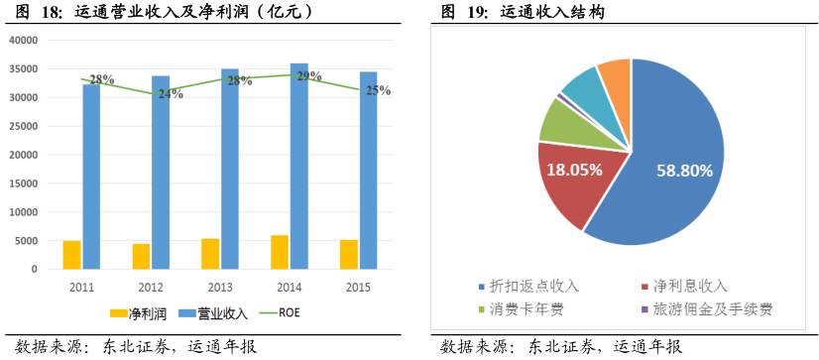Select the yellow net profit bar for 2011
coord(71,255)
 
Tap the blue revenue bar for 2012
coord(161,174)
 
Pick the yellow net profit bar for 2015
coord(348,255)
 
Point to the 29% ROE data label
coord(308,75)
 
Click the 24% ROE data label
coord(170,94)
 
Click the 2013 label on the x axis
coord(219,286)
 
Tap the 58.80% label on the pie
coord(684,171)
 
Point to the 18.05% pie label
coord(574,169)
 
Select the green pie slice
coord(559,121)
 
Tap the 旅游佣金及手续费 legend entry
coord(706,309)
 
